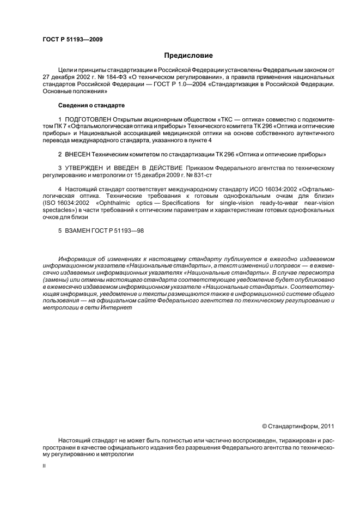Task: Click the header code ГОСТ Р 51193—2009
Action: (x=72, y=40)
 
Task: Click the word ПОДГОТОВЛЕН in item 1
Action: (x=88, y=119)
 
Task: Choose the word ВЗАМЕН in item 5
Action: (x=78, y=229)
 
